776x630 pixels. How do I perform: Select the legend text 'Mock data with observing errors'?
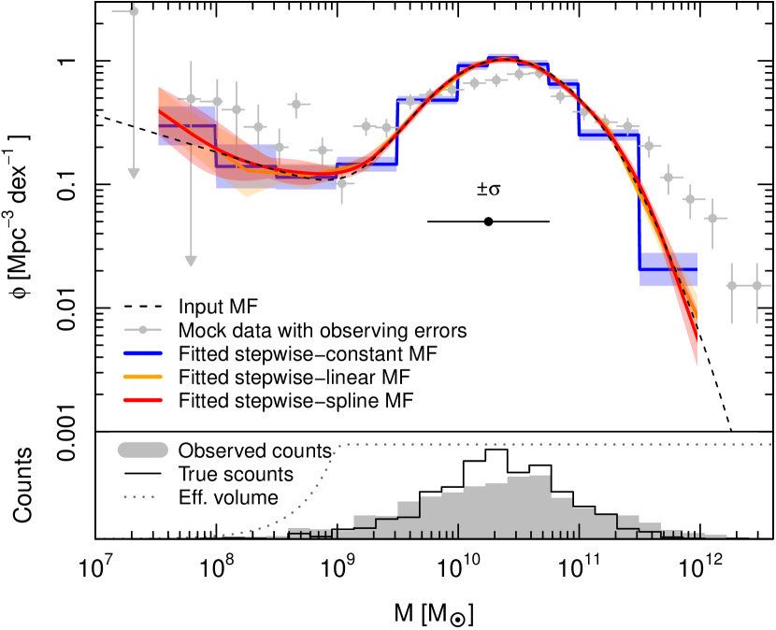pyautogui.click(x=322, y=330)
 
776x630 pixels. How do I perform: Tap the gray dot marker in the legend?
pyautogui.click(x=142, y=330)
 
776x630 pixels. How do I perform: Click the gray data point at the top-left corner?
pyautogui.click(x=134, y=11)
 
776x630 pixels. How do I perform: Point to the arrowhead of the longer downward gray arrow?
pyautogui.click(x=191, y=261)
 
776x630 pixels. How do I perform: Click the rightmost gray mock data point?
pyautogui.click(x=757, y=284)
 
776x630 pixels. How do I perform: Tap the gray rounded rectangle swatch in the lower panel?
pyautogui.click(x=142, y=451)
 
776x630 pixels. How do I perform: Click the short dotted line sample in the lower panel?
pyautogui.click(x=137, y=497)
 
